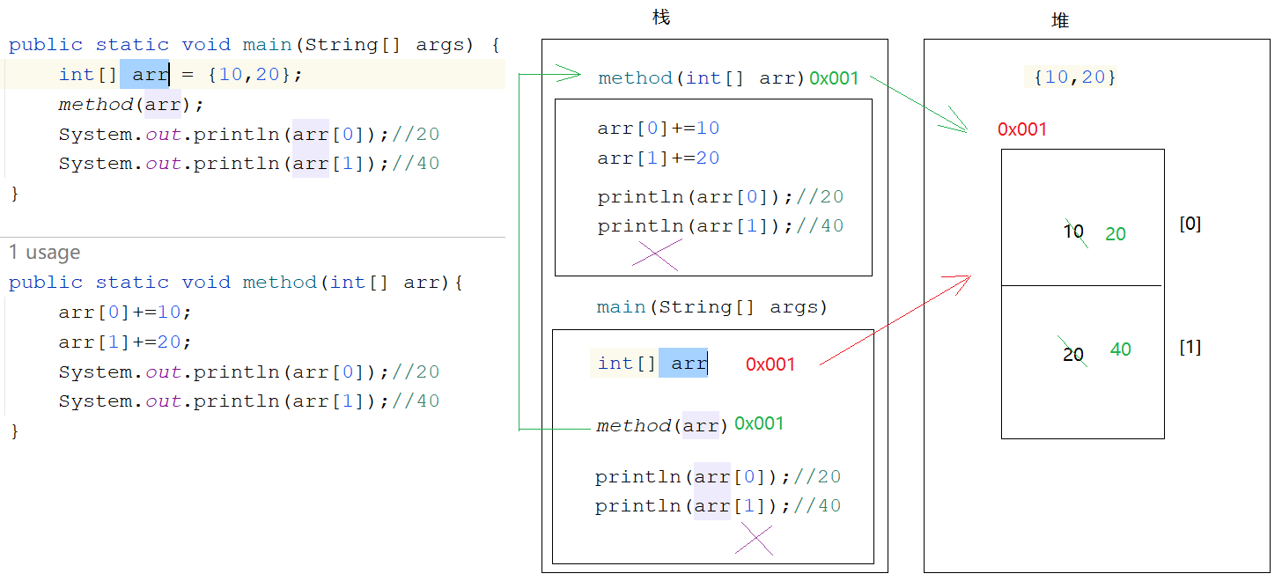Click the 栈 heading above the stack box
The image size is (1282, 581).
click(661, 18)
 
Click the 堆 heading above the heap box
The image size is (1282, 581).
click(1060, 20)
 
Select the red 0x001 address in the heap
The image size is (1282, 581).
click(1022, 129)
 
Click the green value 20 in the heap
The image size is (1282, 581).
click(1116, 234)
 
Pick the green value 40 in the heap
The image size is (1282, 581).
click(1121, 349)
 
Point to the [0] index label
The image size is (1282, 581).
click(1190, 224)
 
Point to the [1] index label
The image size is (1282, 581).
click(1190, 348)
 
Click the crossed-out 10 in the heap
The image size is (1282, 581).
click(1073, 232)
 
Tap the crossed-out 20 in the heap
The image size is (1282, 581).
click(1073, 355)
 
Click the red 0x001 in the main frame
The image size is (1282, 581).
click(770, 364)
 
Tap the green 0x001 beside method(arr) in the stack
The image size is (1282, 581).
click(759, 423)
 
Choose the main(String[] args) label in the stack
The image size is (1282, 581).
click(711, 307)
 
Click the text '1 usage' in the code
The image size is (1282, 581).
click(45, 253)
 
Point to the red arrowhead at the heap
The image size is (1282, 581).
click(963, 279)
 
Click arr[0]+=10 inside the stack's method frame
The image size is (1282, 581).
click(658, 129)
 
